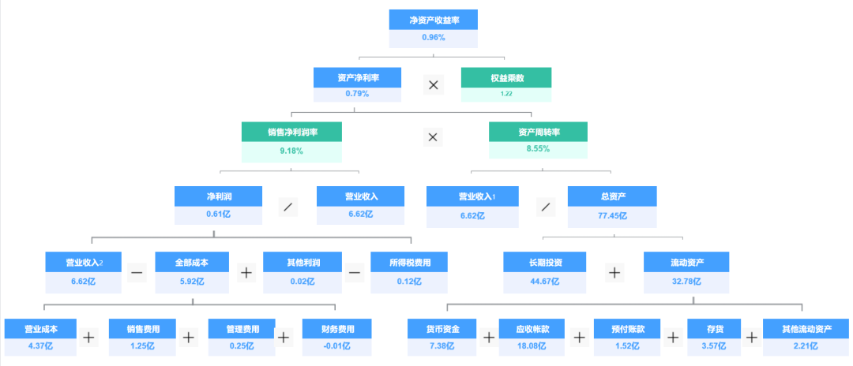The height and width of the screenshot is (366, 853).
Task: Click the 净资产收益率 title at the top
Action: click(434, 20)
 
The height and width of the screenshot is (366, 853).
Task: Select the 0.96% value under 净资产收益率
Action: click(434, 38)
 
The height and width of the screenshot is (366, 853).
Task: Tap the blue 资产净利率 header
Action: click(357, 77)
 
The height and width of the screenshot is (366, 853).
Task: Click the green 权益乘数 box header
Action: click(506, 77)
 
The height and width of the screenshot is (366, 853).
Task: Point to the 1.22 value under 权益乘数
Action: click(506, 94)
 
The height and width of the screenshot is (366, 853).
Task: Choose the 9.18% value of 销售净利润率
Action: click(291, 150)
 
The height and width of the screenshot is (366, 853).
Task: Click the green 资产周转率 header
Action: click(539, 132)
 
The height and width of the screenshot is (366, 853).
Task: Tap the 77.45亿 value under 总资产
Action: click(612, 215)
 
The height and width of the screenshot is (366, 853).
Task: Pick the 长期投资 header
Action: click(544, 262)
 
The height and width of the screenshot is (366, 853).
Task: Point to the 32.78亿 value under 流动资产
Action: click(686, 281)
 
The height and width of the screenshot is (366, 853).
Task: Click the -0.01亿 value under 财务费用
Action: click(336, 345)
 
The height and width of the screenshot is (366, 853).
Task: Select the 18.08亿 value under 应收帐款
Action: click(534, 345)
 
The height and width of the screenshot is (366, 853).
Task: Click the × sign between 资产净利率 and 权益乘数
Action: click(433, 85)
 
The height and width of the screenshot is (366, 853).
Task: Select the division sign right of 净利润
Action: click(289, 207)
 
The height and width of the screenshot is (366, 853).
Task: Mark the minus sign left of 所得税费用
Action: click(355, 273)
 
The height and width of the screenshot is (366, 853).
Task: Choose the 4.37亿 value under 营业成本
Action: click(40, 345)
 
